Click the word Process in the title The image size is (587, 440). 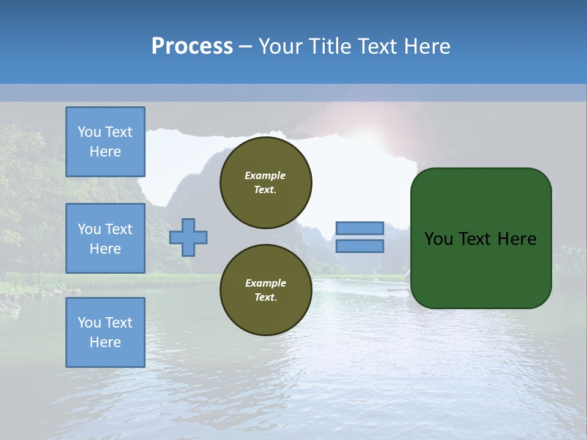(x=193, y=46)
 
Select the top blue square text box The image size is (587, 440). (x=105, y=141)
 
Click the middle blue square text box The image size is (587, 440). (x=105, y=238)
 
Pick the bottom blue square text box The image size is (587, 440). (x=105, y=332)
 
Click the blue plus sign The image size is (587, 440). (x=188, y=237)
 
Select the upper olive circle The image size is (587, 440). (x=266, y=183)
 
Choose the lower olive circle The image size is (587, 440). (x=266, y=290)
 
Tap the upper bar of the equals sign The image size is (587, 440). (x=360, y=228)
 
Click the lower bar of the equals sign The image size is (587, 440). (x=360, y=246)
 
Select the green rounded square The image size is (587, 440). (x=481, y=238)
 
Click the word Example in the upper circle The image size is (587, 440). (x=265, y=175)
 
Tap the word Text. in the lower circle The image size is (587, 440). (x=266, y=297)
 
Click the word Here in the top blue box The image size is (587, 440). (x=105, y=152)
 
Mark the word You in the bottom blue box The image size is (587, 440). (x=87, y=323)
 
